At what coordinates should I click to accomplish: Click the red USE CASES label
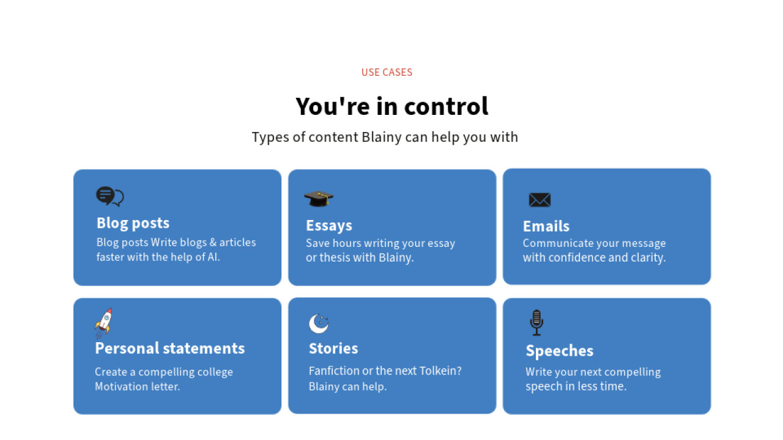point(387,72)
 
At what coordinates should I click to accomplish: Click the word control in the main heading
point(446,106)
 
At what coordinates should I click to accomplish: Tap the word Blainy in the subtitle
point(381,137)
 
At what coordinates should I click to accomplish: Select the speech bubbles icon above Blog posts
point(109,196)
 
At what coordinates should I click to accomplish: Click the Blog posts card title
point(133,223)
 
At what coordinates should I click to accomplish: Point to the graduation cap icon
point(319,199)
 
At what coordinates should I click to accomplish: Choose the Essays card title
point(329,226)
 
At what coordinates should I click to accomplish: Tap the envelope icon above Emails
point(540,200)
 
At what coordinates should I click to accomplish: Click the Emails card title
point(546,226)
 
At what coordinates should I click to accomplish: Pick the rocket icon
point(104,323)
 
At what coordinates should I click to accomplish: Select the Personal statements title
point(170,348)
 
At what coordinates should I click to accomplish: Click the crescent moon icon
point(319,324)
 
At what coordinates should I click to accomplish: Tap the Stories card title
point(333,348)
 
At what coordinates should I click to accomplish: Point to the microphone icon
point(536,323)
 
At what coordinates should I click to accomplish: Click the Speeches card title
point(560,351)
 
